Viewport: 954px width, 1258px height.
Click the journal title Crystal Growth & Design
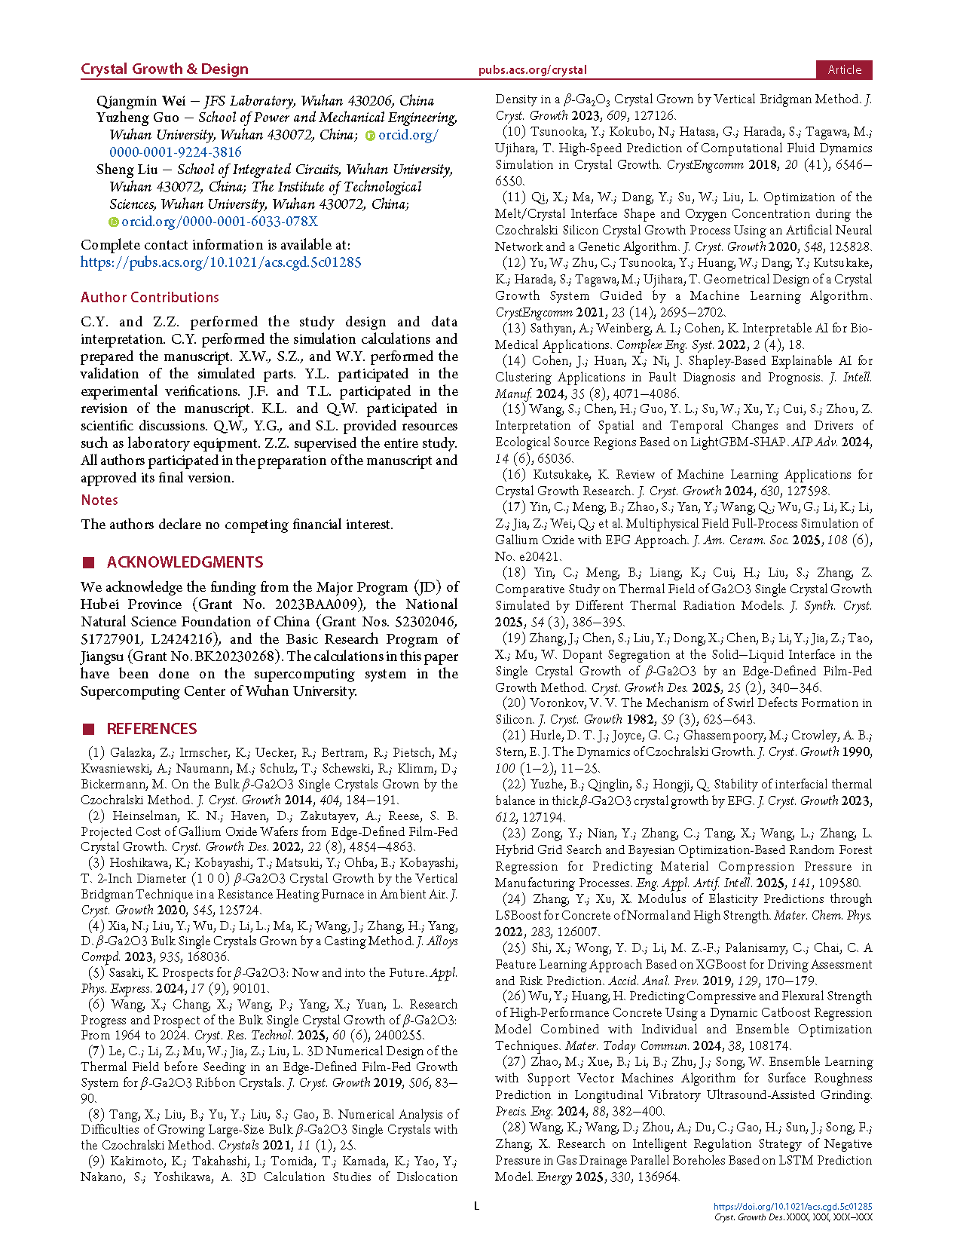click(x=164, y=69)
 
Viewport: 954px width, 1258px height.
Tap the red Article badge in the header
click(x=844, y=69)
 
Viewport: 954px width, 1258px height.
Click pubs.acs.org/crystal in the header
click(x=532, y=70)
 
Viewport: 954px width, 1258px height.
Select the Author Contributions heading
click(x=150, y=297)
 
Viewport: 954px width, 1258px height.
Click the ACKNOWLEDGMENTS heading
click(x=185, y=562)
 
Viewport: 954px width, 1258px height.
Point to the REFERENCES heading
click(x=151, y=729)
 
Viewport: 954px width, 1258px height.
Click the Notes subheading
click(x=99, y=500)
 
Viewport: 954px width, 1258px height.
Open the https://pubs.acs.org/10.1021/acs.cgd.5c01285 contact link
click(x=221, y=262)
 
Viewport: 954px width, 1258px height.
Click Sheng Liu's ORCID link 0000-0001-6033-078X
click(x=219, y=222)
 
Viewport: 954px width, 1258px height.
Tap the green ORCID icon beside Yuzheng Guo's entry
click(x=370, y=136)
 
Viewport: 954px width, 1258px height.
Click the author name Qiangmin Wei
click(x=141, y=101)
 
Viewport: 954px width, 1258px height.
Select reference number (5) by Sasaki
click(x=96, y=973)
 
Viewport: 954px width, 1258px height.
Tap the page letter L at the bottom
click(x=476, y=1206)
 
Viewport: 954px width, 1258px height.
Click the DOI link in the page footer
click(x=793, y=1207)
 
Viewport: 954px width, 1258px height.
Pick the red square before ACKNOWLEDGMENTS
click(x=88, y=562)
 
